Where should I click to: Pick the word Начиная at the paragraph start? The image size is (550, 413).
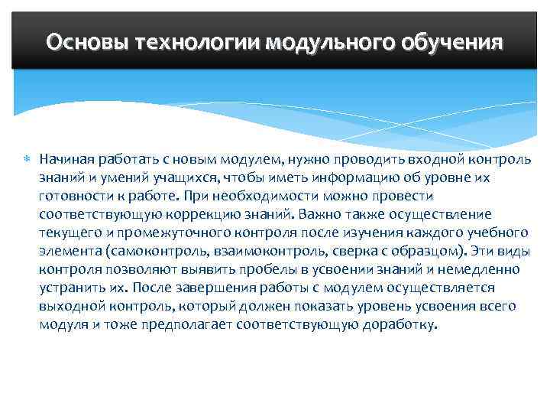click(66, 159)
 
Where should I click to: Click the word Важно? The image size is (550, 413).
click(322, 214)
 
